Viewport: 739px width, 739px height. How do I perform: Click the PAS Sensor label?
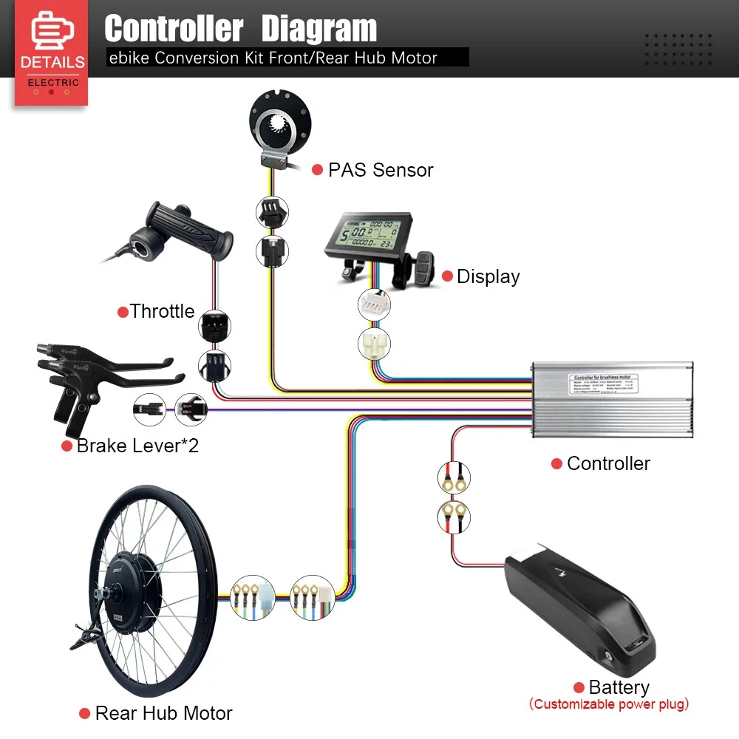point(381,170)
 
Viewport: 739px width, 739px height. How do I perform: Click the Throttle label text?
point(162,311)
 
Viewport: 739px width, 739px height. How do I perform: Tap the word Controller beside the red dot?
point(608,463)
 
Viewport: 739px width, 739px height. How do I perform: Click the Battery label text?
point(619,687)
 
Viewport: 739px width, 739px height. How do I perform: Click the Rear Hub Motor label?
point(163,713)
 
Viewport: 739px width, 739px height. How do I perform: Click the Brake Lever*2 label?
point(137,446)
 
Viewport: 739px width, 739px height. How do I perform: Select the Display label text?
point(488,276)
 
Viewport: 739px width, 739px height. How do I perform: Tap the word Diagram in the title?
point(319,29)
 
